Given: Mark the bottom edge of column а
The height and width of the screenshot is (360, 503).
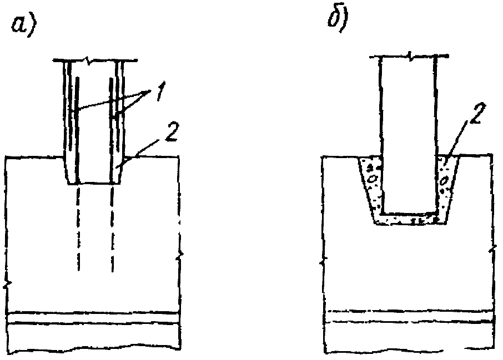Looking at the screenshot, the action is (94, 184).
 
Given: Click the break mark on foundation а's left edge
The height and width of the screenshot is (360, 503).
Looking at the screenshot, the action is (6, 285).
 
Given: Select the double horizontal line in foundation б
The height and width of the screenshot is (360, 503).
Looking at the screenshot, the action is (408, 316).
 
